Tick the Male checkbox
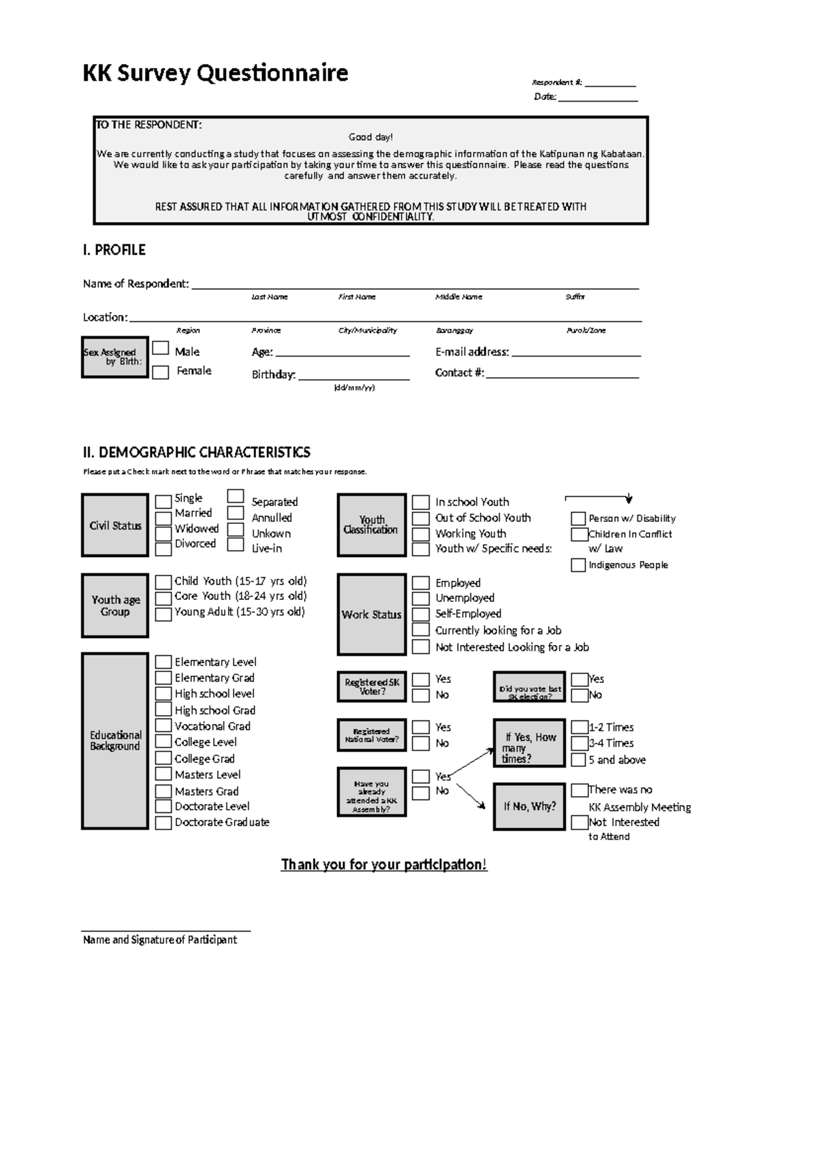[160, 348]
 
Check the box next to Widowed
[163, 534]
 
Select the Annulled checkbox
[236, 513]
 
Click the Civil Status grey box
[115, 525]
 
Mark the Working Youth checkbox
[421, 534]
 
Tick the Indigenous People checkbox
[578, 565]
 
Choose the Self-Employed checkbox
[421, 614]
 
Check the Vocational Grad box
[163, 726]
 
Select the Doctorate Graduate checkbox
[163, 823]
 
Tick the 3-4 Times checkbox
[579, 743]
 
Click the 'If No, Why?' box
[530, 806]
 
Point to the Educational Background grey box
[115, 741]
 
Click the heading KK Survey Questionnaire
[215, 72]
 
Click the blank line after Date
[598, 97]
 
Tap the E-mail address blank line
[576, 352]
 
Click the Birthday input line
[353, 375]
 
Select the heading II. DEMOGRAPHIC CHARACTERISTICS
[196, 452]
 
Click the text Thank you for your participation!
[384, 865]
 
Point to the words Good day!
[371, 138]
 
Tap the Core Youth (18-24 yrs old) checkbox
[163, 598]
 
